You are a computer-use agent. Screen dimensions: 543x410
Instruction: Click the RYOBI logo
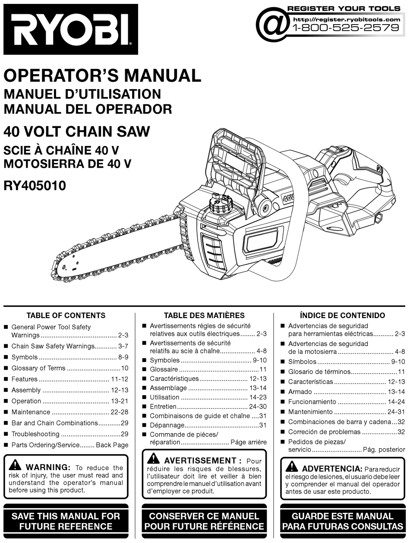click(70, 29)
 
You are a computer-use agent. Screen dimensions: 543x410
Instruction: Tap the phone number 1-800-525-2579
click(345, 28)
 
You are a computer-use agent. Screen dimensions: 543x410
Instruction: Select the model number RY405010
click(35, 186)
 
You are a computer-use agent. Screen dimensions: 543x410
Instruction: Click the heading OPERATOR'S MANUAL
click(102, 76)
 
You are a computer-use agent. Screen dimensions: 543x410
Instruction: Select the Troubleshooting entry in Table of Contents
click(35, 434)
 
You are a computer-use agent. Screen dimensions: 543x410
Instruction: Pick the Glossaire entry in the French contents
click(164, 369)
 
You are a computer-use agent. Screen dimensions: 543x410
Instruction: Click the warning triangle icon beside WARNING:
click(15, 465)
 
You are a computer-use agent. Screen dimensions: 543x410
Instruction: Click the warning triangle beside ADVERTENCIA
click(292, 466)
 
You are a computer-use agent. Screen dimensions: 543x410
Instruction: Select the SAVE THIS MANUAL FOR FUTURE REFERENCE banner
click(66, 521)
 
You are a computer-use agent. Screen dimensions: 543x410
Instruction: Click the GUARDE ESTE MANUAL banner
click(342, 521)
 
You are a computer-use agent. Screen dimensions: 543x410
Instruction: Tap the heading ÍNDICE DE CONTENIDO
click(342, 315)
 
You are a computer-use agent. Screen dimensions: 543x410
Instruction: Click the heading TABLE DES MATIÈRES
click(204, 315)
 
